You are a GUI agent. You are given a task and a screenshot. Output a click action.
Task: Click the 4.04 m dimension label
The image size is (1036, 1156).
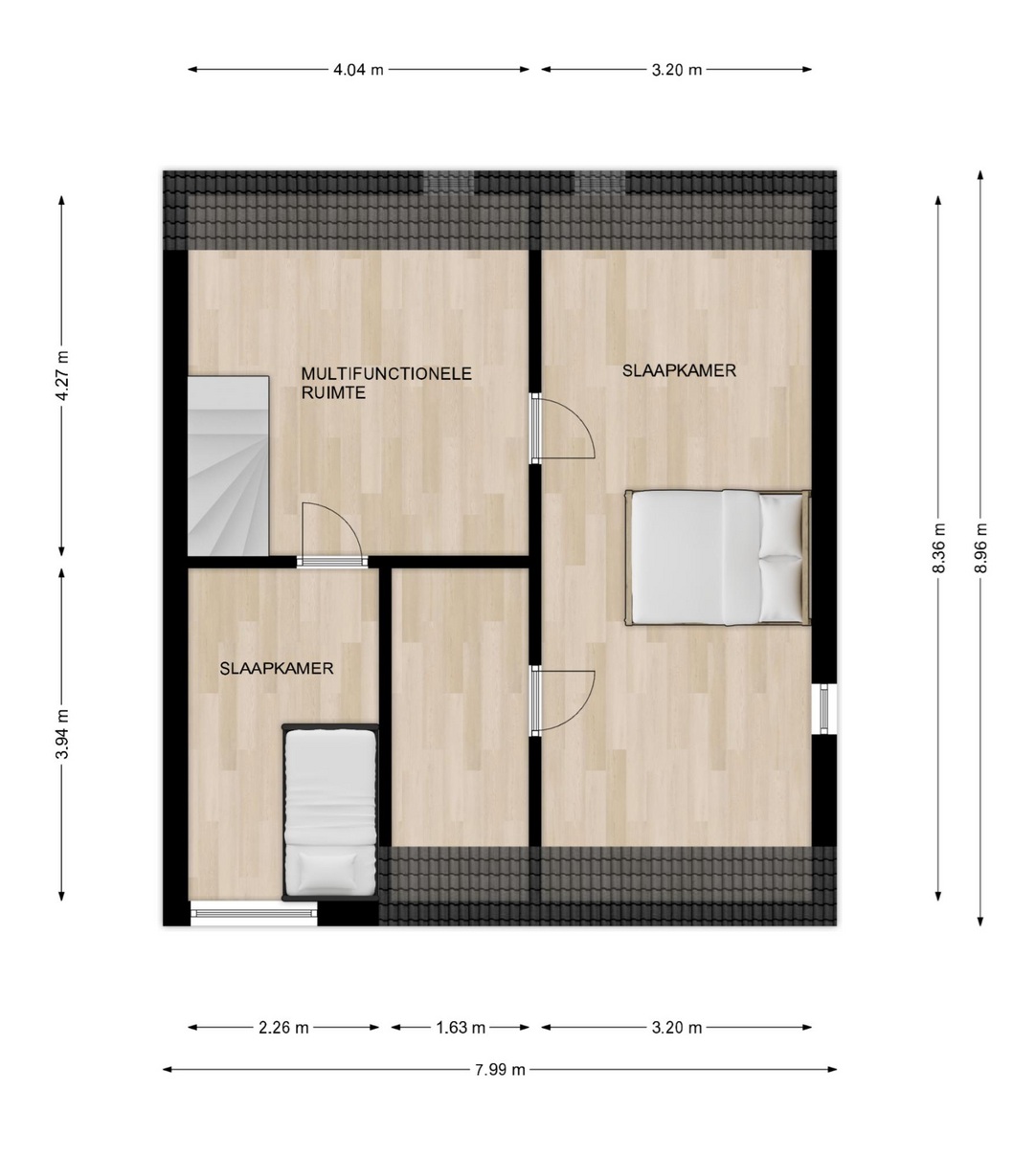pos(358,70)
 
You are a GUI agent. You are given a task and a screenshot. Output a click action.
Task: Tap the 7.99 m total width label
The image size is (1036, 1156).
pos(500,1069)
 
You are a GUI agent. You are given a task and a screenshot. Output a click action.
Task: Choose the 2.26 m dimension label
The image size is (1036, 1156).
pos(283,1028)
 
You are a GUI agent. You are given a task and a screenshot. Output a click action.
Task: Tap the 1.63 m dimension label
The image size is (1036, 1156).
pos(461,1028)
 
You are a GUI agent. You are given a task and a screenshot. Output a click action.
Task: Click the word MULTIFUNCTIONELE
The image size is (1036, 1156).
pos(387,374)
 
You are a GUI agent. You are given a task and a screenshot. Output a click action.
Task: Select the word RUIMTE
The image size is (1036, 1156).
pos(333,393)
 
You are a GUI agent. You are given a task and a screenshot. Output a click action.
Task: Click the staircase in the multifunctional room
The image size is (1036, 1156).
pos(228,466)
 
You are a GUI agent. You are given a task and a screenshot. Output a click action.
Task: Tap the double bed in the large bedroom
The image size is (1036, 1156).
pos(718,558)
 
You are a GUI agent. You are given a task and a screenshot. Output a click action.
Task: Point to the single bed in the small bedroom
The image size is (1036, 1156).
pos(330,811)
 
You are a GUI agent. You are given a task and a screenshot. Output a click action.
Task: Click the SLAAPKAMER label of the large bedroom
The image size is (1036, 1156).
pos(679,371)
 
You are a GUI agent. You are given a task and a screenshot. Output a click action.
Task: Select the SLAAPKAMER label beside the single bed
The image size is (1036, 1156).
pos(277,669)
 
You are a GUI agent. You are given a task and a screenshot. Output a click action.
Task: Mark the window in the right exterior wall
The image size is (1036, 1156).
pos(823,708)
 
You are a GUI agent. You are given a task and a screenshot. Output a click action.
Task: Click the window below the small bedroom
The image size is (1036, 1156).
pos(254,914)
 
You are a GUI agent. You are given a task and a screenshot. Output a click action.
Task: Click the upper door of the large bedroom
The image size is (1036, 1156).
pos(563,429)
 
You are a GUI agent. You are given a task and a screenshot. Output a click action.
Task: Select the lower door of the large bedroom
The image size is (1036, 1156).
pos(563,702)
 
